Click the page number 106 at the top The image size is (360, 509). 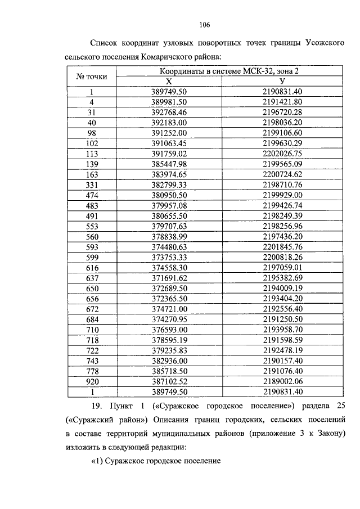(x=204, y=24)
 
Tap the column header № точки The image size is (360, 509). (x=91, y=76)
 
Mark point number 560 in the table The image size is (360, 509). (x=91, y=237)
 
